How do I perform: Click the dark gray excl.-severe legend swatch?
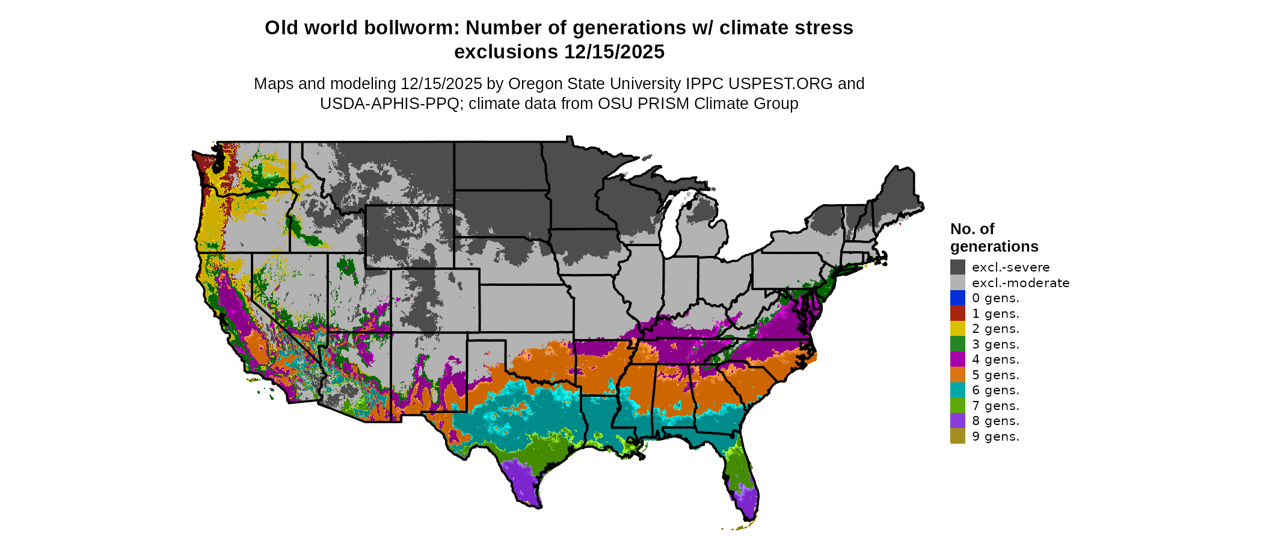click(x=957, y=267)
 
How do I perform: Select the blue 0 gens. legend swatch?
click(x=957, y=298)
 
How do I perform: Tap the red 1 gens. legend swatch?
click(x=957, y=314)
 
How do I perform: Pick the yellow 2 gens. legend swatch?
click(x=957, y=329)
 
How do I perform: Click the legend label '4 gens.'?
click(x=995, y=359)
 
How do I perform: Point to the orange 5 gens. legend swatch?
click(x=957, y=375)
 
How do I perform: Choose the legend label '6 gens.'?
click(x=995, y=390)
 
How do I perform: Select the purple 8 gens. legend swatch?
click(x=957, y=421)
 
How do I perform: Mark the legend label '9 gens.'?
click(x=995, y=436)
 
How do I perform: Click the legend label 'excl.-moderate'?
click(x=1021, y=283)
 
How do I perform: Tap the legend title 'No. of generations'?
click(x=994, y=238)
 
